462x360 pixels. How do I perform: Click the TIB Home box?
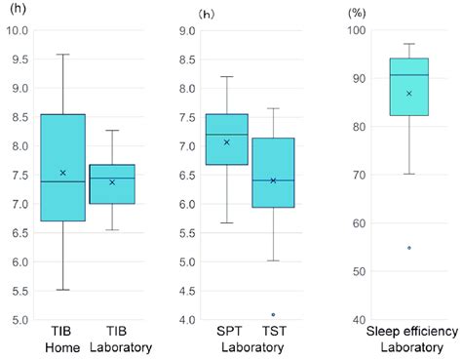click(62, 168)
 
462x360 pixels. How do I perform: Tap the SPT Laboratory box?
click(227, 140)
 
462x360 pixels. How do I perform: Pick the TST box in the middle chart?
click(273, 173)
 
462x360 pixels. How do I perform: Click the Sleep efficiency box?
click(408, 87)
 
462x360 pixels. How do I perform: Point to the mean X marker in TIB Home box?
click(62, 173)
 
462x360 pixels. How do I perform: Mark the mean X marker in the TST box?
click(273, 180)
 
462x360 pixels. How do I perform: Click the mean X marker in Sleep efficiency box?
click(408, 94)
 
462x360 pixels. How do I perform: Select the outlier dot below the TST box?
click(273, 314)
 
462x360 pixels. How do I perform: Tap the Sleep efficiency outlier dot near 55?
click(408, 248)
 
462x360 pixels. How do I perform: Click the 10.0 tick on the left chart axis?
click(18, 31)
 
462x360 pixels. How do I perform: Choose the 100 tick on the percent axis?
click(358, 31)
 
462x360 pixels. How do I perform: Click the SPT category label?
click(227, 334)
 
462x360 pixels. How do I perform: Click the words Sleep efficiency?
click(408, 334)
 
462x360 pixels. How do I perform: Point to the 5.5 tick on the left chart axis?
click(18, 291)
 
